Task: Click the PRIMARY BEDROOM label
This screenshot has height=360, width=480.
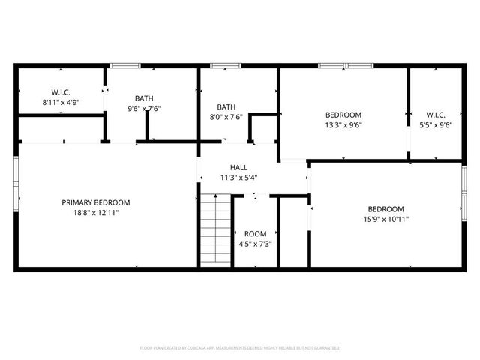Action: coord(96,202)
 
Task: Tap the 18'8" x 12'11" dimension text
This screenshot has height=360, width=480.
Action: coord(96,213)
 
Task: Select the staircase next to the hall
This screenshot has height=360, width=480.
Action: coord(215,229)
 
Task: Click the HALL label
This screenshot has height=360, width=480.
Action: coord(238,168)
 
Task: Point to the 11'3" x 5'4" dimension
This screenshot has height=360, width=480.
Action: coord(238,178)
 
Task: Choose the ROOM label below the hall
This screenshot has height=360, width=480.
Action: coord(255,234)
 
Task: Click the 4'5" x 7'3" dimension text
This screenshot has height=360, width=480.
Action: coord(255,244)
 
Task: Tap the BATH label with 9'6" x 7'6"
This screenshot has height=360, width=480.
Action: coord(144,98)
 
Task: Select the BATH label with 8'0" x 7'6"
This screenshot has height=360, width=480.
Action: coord(226,106)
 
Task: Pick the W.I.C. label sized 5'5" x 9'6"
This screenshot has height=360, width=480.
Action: coord(435,115)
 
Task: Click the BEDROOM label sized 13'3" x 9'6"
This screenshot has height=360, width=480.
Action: coord(343,115)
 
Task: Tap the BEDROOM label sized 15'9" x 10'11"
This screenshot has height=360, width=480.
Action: coord(385,209)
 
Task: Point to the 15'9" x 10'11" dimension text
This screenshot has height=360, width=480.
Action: coord(385,219)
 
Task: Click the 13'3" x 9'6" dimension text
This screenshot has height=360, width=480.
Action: coord(343,125)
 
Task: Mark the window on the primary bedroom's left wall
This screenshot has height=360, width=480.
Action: coord(16,179)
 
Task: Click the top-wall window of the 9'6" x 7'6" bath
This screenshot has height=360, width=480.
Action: coord(121,66)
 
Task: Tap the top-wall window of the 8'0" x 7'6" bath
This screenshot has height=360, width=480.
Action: coord(221,66)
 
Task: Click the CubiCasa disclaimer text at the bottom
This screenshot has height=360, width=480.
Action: coord(240,348)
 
